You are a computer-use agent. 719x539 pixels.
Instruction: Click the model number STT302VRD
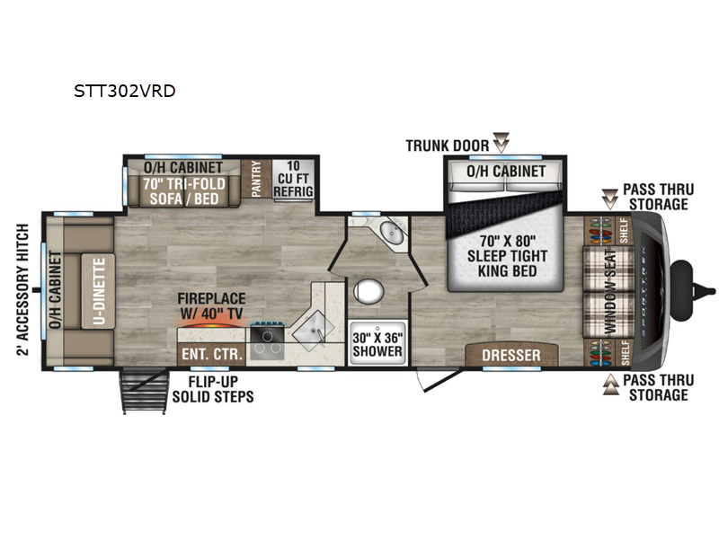125,92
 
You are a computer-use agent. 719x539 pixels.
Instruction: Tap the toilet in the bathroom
368,291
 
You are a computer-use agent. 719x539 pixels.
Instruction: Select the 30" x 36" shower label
377,344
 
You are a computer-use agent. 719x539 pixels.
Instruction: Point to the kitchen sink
314,331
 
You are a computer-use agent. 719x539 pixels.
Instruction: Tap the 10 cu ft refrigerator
294,179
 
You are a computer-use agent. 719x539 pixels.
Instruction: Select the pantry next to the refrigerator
256,179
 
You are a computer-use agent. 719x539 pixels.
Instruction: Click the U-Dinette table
99,291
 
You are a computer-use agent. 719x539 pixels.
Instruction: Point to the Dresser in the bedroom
511,355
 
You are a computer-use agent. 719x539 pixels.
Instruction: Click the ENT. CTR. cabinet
212,353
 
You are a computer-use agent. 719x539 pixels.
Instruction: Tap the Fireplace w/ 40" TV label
211,305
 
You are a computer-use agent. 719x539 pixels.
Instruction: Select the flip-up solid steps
144,391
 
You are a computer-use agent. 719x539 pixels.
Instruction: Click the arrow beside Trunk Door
501,143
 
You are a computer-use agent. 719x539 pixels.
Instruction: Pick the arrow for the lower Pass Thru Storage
610,384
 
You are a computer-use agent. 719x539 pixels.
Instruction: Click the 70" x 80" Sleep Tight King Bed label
507,256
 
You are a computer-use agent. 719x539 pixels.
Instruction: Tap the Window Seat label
610,291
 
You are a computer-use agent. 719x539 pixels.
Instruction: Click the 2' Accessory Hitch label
22,289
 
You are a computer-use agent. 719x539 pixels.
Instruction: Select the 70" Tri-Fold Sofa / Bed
184,191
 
